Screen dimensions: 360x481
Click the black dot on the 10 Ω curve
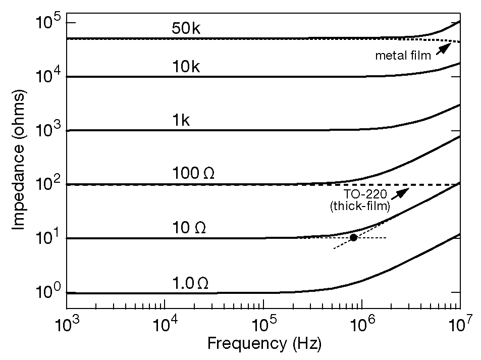pyautogui.click(x=353, y=237)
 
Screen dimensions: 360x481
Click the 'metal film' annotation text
pyautogui.click(x=403, y=56)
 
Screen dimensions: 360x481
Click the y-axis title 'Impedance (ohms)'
pyautogui.click(x=19, y=160)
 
